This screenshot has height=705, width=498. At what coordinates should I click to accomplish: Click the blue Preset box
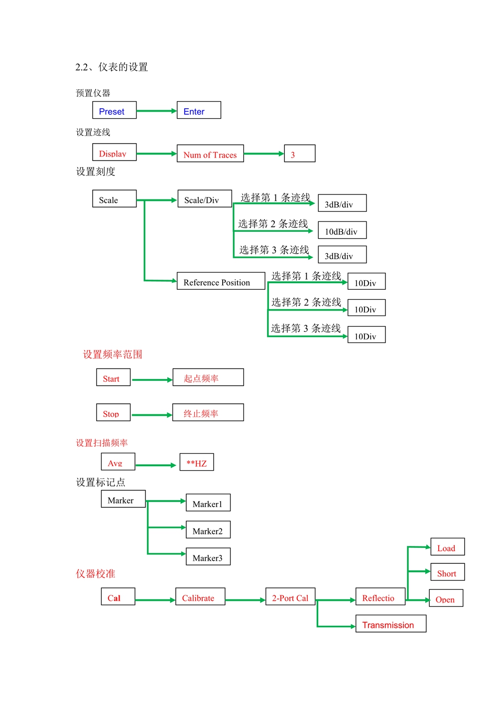point(114,110)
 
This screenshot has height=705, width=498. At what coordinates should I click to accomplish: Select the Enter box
point(199,110)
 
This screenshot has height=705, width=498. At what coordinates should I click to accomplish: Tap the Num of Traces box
point(210,154)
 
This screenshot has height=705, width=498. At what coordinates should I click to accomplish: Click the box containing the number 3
point(299,154)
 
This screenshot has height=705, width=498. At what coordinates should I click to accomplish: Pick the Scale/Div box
point(205,198)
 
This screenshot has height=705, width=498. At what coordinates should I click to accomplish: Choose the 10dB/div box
point(342,230)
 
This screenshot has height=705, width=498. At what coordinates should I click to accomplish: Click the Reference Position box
point(221,281)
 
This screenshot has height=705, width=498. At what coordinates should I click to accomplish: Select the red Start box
point(113,377)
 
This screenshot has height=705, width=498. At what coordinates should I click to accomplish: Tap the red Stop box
point(113,412)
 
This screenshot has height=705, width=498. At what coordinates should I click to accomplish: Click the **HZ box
point(197,462)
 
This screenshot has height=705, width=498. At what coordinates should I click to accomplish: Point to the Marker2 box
point(208,530)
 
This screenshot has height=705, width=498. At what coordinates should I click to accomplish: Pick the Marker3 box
point(208,557)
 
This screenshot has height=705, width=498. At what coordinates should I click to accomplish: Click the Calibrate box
point(200,597)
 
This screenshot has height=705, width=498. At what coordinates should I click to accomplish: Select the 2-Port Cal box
point(290,597)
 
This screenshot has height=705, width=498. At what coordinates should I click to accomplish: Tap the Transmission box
point(391,624)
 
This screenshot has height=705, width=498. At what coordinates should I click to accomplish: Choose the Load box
point(447,547)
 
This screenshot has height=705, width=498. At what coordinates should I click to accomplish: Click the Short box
point(447,572)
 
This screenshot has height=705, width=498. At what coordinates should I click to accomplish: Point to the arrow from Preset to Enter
point(156,111)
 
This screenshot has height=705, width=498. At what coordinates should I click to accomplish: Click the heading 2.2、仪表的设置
point(112,67)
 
